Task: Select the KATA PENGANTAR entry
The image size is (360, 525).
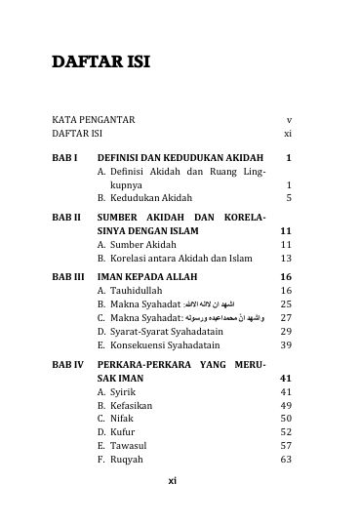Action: pyautogui.click(x=94, y=119)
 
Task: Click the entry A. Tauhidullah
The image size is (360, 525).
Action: pyautogui.click(x=134, y=291)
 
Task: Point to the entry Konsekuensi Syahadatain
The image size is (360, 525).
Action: pyautogui.click(x=158, y=345)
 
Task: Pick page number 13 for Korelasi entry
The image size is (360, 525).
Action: pyautogui.click(x=287, y=259)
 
